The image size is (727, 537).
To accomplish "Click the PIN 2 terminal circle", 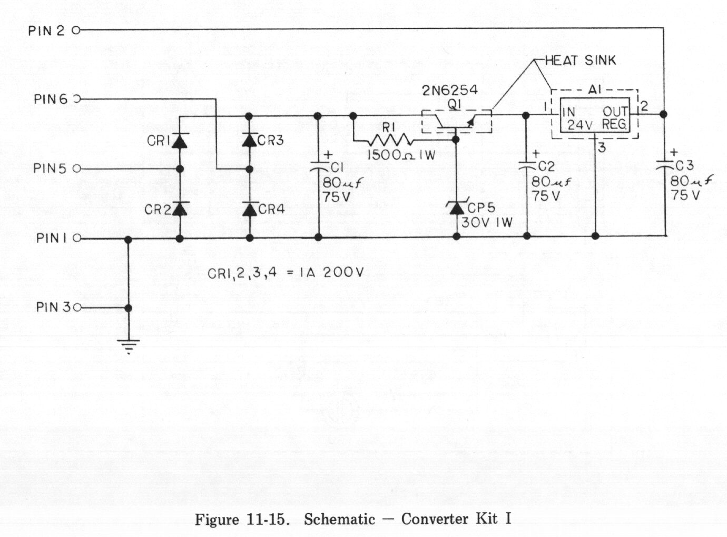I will (x=75, y=31).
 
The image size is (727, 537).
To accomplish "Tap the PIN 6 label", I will (x=51, y=99).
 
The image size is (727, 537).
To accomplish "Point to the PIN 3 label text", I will (x=53, y=307).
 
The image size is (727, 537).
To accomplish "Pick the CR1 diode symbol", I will (x=180, y=141).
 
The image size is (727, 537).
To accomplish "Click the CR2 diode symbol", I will (x=180, y=209).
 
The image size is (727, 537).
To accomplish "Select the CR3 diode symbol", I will (x=250, y=140).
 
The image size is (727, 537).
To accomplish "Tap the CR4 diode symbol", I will (x=250, y=209).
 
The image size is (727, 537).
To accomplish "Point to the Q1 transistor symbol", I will (x=456, y=121).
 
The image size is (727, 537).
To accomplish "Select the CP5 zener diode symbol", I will (x=456, y=208).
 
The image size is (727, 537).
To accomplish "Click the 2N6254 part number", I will (x=450, y=90).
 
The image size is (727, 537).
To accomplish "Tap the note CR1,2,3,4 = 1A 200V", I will (x=286, y=273).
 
